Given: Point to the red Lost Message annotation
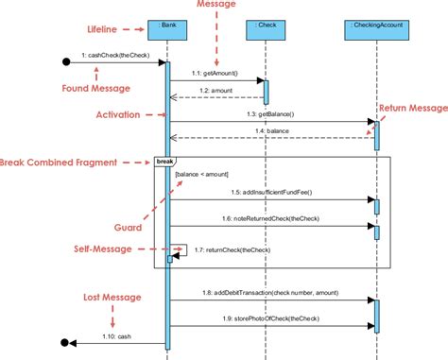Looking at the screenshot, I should [110, 298].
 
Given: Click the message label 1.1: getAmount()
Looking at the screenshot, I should [215, 73].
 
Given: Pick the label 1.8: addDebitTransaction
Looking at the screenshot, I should [271, 294].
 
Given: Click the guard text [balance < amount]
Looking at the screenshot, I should [201, 175].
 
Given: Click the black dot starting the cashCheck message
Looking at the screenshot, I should [66, 62].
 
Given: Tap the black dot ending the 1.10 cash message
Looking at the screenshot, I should [65, 342].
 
